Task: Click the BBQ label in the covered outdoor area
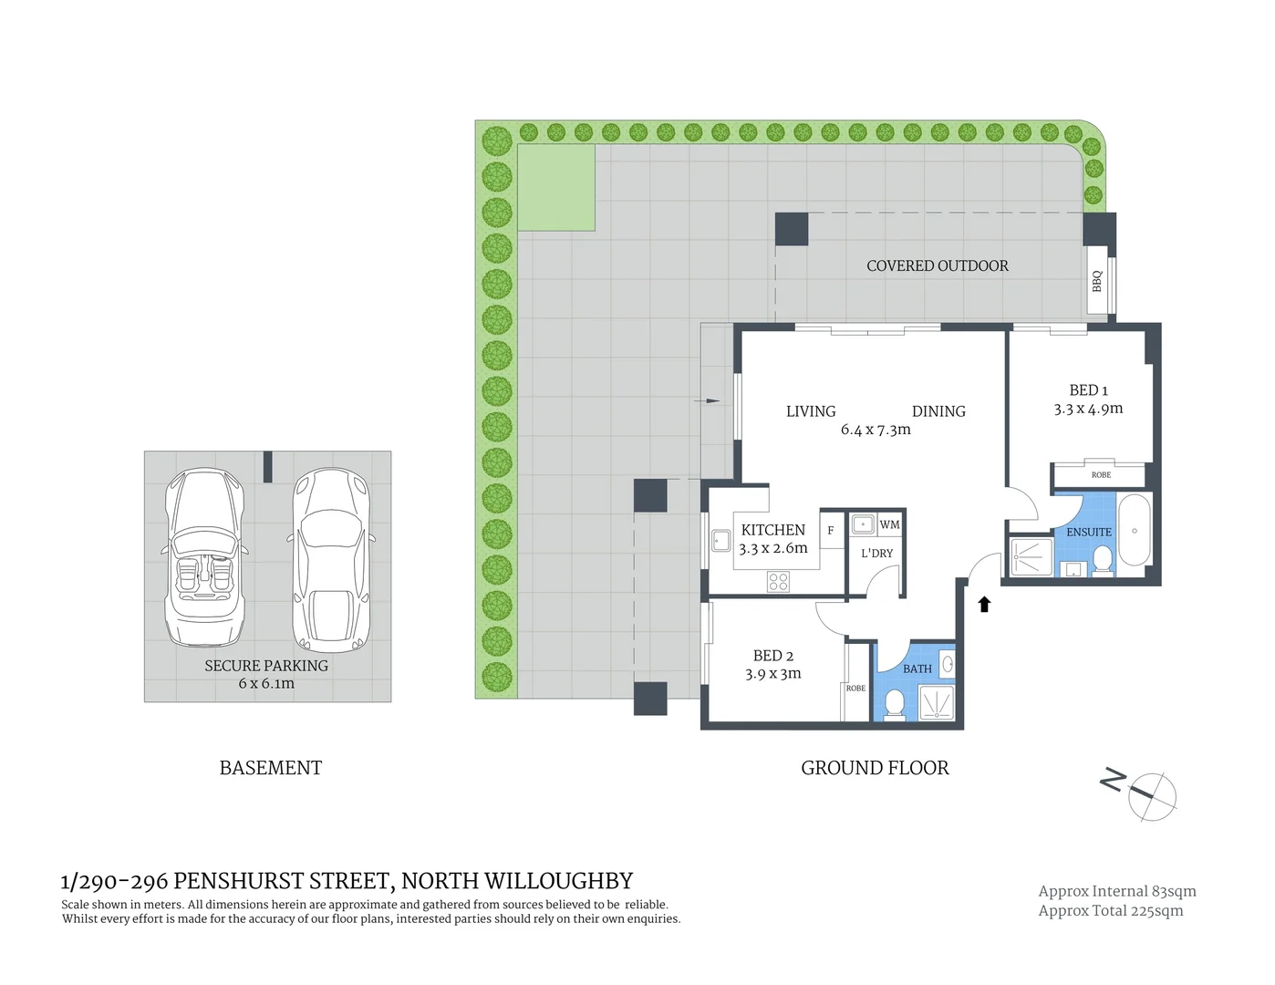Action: [1097, 282]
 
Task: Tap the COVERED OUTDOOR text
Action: [937, 266]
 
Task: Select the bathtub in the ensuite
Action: [1135, 530]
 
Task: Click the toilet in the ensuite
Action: [1103, 560]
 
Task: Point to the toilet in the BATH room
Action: [894, 703]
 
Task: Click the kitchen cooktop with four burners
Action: [778, 581]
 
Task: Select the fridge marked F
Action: [831, 530]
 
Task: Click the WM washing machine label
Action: [889, 524]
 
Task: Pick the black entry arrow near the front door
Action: [984, 604]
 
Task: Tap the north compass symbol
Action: [1151, 796]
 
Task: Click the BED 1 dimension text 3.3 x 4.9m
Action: [1088, 410]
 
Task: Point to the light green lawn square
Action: [556, 187]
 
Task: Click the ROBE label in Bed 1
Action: [1101, 475]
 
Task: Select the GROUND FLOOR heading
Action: [875, 768]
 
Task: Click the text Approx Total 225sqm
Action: [1110, 910]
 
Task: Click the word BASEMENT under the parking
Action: [270, 768]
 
